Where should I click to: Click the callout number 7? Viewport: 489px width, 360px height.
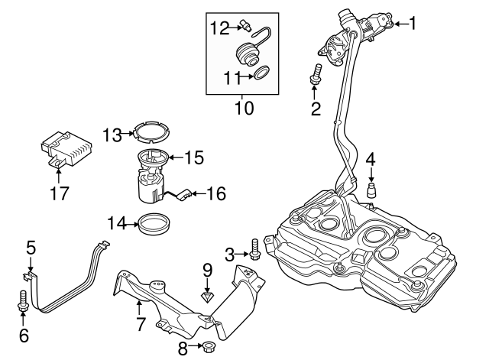[140, 323]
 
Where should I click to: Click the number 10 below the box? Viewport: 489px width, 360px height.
[243, 108]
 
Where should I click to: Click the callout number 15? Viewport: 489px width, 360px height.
[194, 158]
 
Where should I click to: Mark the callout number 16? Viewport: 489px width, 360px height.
[216, 193]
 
